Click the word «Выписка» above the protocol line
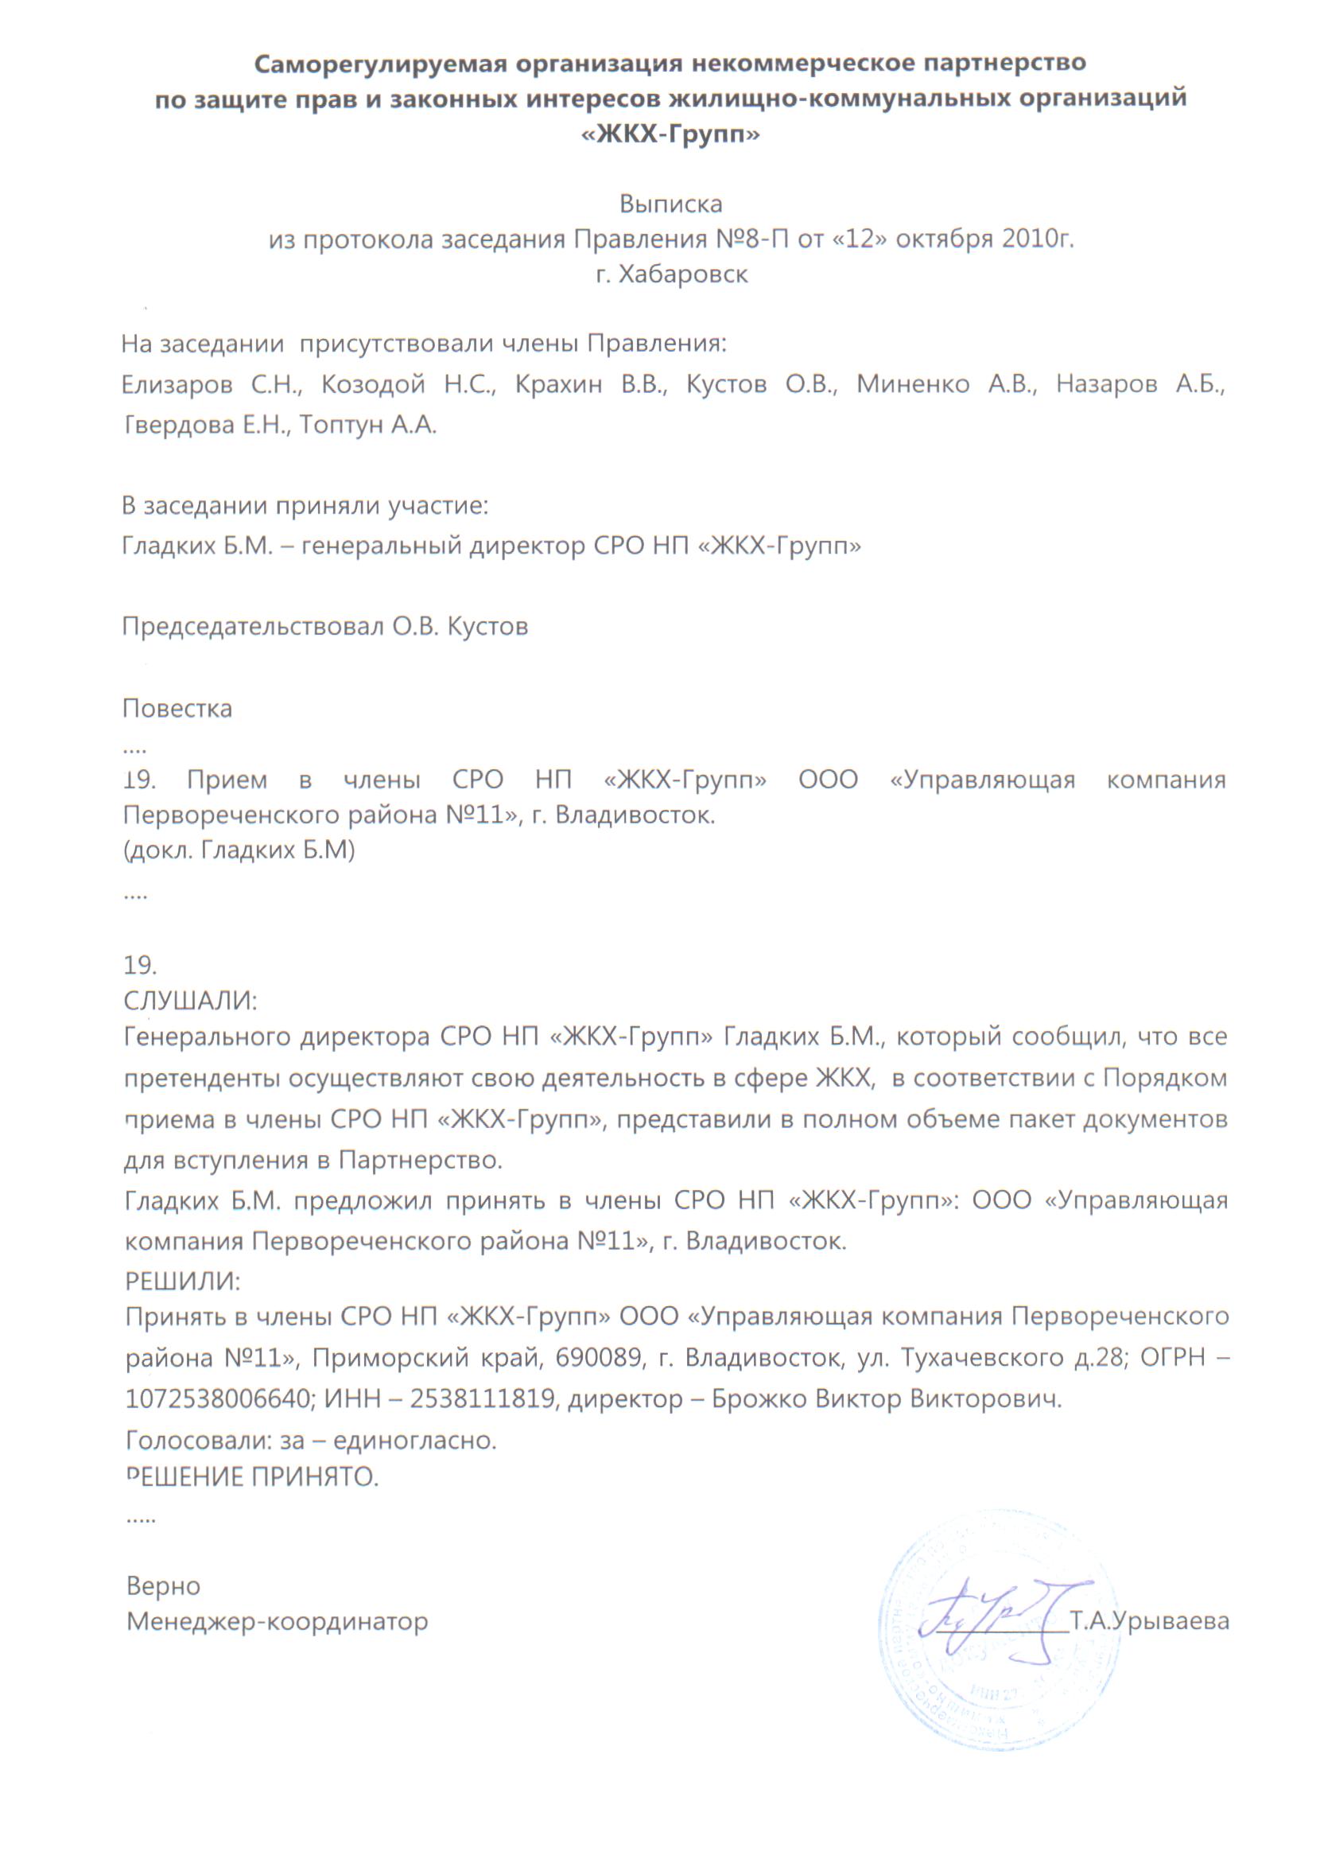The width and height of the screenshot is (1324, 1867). point(670,204)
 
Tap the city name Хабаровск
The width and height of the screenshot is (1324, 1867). point(683,274)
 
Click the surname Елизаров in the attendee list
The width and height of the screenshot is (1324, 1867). point(177,384)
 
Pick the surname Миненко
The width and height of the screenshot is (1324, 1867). point(912,384)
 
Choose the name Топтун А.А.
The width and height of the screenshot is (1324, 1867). point(367,425)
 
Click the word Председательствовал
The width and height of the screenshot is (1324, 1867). point(252,626)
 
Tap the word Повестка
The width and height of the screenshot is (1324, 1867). point(177,708)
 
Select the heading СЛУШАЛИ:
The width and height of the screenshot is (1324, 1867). point(190,1000)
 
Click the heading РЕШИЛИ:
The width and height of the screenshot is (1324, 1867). point(183,1282)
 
